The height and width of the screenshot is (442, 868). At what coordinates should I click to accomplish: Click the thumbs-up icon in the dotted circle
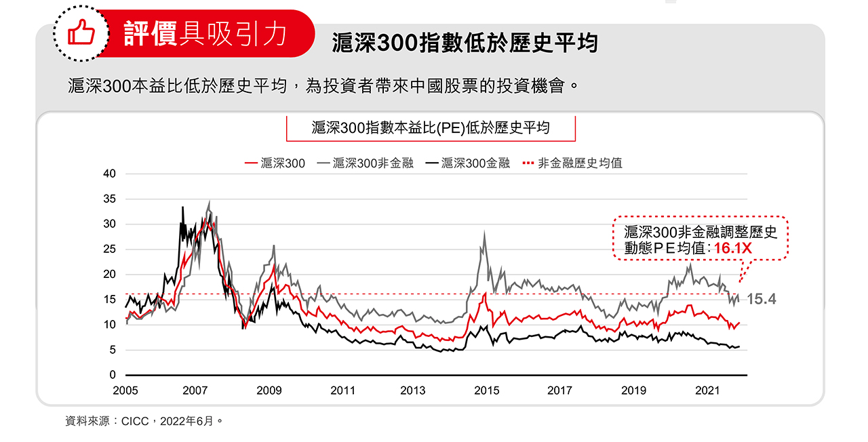[x=80, y=33]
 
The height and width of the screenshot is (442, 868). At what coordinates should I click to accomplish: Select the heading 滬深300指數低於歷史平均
[x=465, y=43]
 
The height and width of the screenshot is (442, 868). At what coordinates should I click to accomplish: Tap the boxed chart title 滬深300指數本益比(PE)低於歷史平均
[x=431, y=127]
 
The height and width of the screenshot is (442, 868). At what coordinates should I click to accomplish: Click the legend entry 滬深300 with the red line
[x=275, y=163]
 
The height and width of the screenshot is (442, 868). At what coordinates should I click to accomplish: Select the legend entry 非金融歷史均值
[x=572, y=163]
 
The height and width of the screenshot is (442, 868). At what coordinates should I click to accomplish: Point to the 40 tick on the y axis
[x=110, y=174]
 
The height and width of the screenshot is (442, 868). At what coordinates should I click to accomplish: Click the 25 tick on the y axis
[x=110, y=249]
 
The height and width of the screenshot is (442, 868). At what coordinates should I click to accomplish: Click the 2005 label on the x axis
[x=125, y=390]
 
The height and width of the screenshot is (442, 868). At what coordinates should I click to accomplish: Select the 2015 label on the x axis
[x=486, y=390]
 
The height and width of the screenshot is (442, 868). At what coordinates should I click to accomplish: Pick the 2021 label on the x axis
[x=707, y=390]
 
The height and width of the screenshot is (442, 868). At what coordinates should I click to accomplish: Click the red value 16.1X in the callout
[x=732, y=249]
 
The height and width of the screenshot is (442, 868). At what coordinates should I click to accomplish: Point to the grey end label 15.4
[x=762, y=300]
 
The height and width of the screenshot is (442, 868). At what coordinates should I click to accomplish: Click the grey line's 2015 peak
[x=484, y=233]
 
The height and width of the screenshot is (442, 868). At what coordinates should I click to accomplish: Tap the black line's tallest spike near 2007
[x=182, y=207]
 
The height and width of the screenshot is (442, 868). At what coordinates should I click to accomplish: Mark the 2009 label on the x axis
[x=269, y=390]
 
